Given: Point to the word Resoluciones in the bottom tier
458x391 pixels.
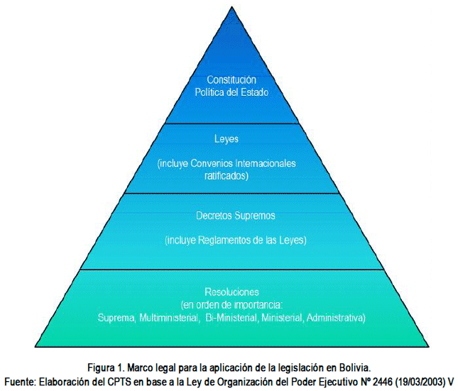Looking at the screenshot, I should tap(231, 292).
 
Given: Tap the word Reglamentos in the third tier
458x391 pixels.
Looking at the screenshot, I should tap(226, 240).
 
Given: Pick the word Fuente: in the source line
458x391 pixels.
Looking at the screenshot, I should tap(18, 380).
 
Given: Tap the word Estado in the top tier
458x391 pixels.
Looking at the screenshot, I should tap(253, 92).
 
